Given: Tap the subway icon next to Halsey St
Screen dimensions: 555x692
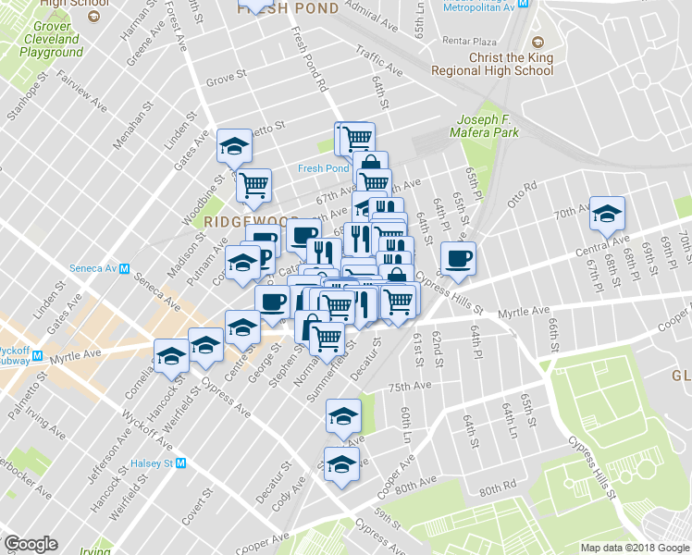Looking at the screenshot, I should (x=182, y=462).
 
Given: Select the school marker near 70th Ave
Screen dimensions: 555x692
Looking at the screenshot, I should (x=607, y=214).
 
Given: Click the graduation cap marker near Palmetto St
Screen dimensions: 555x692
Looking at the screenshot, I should (x=234, y=146).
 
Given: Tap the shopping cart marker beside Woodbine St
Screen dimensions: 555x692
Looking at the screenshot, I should (x=253, y=184).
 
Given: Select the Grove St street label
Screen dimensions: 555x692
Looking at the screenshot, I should (x=227, y=79).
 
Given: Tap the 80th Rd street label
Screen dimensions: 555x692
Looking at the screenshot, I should (x=498, y=487).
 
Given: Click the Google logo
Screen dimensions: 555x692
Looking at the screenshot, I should (x=31, y=544).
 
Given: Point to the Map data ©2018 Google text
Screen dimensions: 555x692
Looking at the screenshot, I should (x=635, y=548).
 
